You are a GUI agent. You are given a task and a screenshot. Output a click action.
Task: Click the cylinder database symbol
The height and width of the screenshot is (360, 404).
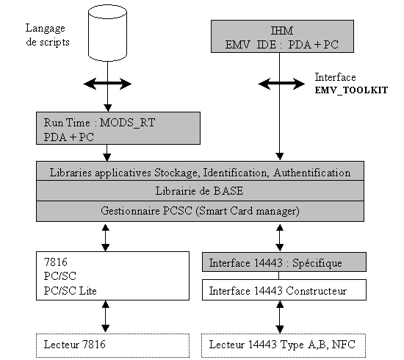point(107,33)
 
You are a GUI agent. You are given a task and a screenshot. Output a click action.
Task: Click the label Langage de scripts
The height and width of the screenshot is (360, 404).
point(48,35)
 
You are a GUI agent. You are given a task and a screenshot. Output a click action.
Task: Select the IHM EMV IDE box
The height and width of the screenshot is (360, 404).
point(282,36)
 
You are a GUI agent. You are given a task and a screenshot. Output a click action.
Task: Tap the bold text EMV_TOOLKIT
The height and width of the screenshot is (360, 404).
point(351,90)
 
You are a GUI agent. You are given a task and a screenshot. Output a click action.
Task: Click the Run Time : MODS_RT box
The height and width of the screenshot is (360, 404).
point(118,128)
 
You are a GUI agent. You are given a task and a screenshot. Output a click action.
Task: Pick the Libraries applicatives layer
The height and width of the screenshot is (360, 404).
point(200,171)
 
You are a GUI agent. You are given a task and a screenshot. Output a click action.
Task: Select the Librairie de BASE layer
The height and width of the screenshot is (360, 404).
point(200,191)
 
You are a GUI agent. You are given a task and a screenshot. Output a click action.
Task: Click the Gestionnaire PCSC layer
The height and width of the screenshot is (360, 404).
point(200,212)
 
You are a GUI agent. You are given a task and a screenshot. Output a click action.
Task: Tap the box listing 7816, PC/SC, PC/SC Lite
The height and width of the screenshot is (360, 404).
point(112,276)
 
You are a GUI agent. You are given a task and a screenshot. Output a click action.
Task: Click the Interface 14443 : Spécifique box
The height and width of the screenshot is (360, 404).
point(284,262)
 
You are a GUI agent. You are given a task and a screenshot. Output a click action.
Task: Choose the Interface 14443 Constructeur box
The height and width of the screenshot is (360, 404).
point(284,290)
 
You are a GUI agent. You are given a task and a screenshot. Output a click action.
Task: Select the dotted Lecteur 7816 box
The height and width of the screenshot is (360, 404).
point(112,345)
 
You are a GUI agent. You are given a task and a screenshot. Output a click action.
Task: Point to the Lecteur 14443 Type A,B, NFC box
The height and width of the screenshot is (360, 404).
point(284,345)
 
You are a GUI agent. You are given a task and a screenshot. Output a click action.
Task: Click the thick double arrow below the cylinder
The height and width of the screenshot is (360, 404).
point(107,84)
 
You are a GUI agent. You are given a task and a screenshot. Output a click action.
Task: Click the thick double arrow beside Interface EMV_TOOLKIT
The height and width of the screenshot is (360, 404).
point(281,84)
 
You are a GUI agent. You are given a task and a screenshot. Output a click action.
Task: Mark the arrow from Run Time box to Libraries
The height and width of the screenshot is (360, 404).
point(107,153)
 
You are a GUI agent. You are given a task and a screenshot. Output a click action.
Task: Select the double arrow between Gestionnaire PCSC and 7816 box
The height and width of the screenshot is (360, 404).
point(105,237)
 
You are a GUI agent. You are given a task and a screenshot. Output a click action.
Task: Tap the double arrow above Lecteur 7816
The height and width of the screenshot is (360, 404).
point(105,316)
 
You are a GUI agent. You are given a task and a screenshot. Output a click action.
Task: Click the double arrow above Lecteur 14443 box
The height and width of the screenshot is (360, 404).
point(280,317)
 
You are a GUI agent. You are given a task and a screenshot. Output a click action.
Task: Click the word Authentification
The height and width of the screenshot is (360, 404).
point(312,173)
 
